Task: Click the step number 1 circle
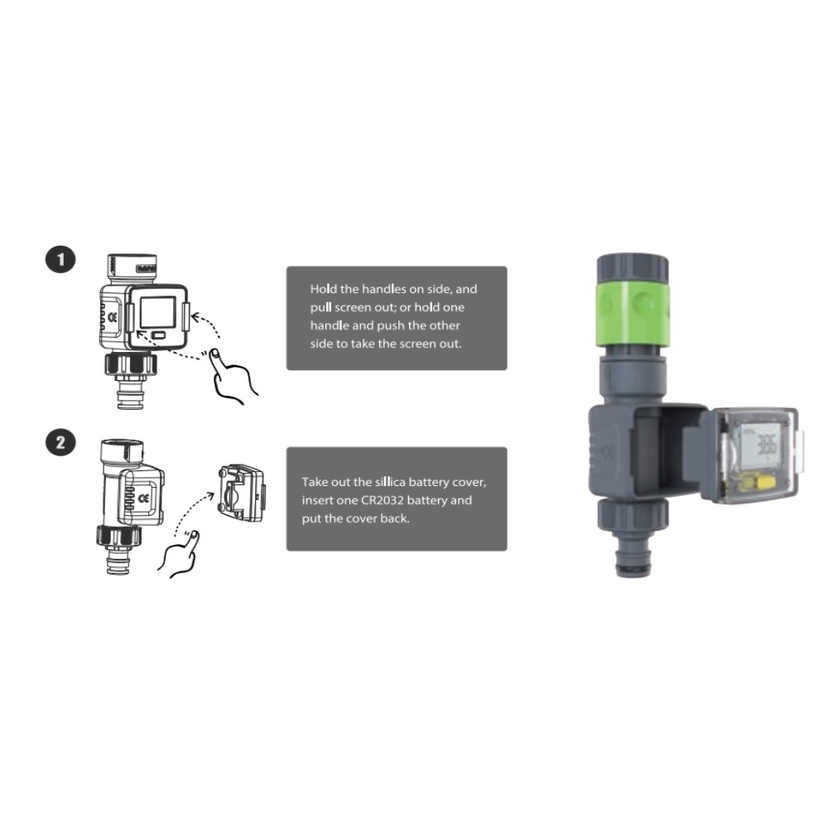click(x=60, y=260)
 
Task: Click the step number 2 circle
click(x=60, y=442)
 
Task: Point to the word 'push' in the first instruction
click(x=390, y=325)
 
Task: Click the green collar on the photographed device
click(x=633, y=314)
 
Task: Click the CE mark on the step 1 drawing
click(x=113, y=317)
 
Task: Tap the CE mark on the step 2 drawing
click(x=143, y=498)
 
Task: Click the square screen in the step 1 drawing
click(x=158, y=311)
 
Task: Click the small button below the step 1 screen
click(x=158, y=335)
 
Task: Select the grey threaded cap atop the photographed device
click(x=633, y=269)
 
